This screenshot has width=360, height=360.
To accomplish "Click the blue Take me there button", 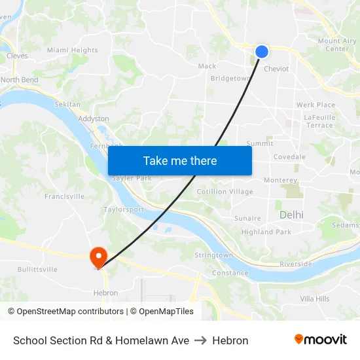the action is click(180, 161).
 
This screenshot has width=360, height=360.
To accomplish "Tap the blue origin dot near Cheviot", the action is click(261, 52).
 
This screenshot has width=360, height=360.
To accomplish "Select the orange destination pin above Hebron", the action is click(98, 257).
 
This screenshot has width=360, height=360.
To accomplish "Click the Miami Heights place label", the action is click(73, 50).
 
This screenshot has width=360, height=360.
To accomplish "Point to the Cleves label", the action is click(17, 56).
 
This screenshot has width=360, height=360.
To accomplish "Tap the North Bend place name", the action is click(19, 80).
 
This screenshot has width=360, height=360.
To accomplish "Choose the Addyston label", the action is click(94, 118).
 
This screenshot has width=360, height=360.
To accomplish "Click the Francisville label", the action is click(64, 196).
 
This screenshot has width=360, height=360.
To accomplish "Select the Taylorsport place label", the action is click(124, 210).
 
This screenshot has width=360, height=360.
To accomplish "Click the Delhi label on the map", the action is click(291, 215).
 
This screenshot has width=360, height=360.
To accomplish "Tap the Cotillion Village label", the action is click(225, 192).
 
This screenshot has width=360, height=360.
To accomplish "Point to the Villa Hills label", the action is click(315, 298).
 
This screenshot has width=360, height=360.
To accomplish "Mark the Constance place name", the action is click(230, 273).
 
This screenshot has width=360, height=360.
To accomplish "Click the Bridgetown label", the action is click(230, 78).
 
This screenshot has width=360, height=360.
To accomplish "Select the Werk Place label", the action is click(315, 105).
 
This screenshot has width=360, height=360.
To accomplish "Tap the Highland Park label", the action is click(266, 232).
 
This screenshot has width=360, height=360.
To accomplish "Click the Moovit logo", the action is click(320, 340).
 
